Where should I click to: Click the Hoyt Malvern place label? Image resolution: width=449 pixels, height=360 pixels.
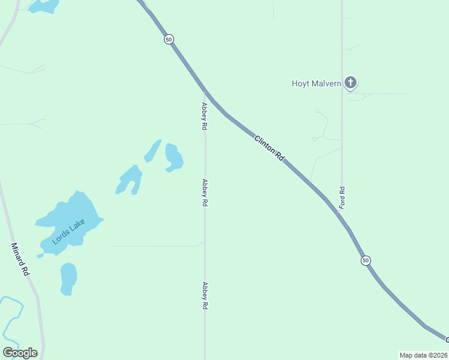(x=316, y=83)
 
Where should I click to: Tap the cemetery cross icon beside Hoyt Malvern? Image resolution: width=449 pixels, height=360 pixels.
(x=351, y=83)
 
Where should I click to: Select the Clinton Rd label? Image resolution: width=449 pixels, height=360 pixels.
(x=268, y=147)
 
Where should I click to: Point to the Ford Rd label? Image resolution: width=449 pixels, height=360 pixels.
(x=342, y=197)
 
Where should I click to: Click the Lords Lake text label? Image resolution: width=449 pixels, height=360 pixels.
(x=68, y=232)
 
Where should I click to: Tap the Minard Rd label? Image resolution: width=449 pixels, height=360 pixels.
(x=20, y=259)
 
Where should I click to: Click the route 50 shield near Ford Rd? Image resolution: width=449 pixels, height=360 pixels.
(x=366, y=260)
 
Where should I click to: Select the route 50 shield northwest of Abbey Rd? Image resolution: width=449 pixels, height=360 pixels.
(x=169, y=39)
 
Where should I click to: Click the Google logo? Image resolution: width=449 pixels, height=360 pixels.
(x=20, y=353)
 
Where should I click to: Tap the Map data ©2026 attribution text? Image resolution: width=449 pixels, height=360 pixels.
(x=424, y=355)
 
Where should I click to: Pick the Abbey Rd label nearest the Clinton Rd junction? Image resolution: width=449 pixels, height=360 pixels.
(x=205, y=116)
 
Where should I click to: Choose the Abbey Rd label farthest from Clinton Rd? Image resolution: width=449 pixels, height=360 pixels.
(x=205, y=295)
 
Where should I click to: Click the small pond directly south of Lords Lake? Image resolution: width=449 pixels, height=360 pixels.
(x=68, y=278)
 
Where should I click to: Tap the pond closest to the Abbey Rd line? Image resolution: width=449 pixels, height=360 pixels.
(x=173, y=157)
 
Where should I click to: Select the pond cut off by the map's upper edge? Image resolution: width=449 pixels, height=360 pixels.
(x=43, y=5)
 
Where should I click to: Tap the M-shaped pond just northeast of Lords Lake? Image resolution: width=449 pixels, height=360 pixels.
(x=130, y=180)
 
